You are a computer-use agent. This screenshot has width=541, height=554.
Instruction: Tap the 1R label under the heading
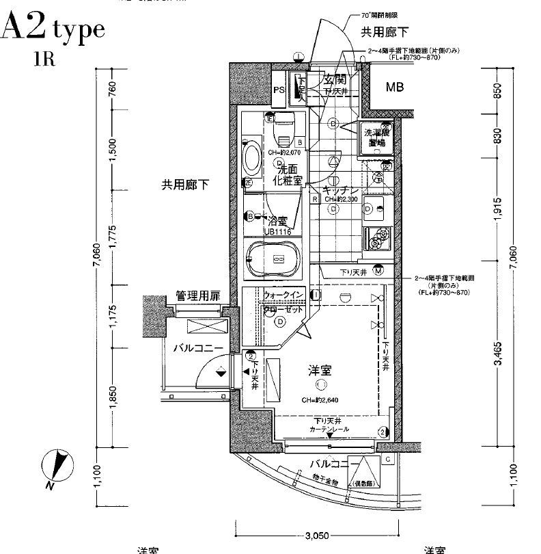[x=44, y=57]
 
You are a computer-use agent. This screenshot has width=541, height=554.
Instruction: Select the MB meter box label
[x=394, y=87]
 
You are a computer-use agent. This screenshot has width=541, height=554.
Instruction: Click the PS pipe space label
[x=279, y=90]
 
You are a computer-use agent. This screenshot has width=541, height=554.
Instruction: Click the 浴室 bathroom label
[x=277, y=221]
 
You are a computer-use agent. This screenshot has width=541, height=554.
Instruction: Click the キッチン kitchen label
[x=339, y=191]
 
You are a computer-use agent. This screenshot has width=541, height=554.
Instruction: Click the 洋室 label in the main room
[x=320, y=371]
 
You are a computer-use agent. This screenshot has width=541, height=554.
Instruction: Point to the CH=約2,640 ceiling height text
[x=320, y=401]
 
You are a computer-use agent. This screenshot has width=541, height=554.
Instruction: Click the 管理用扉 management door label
[x=197, y=296]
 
